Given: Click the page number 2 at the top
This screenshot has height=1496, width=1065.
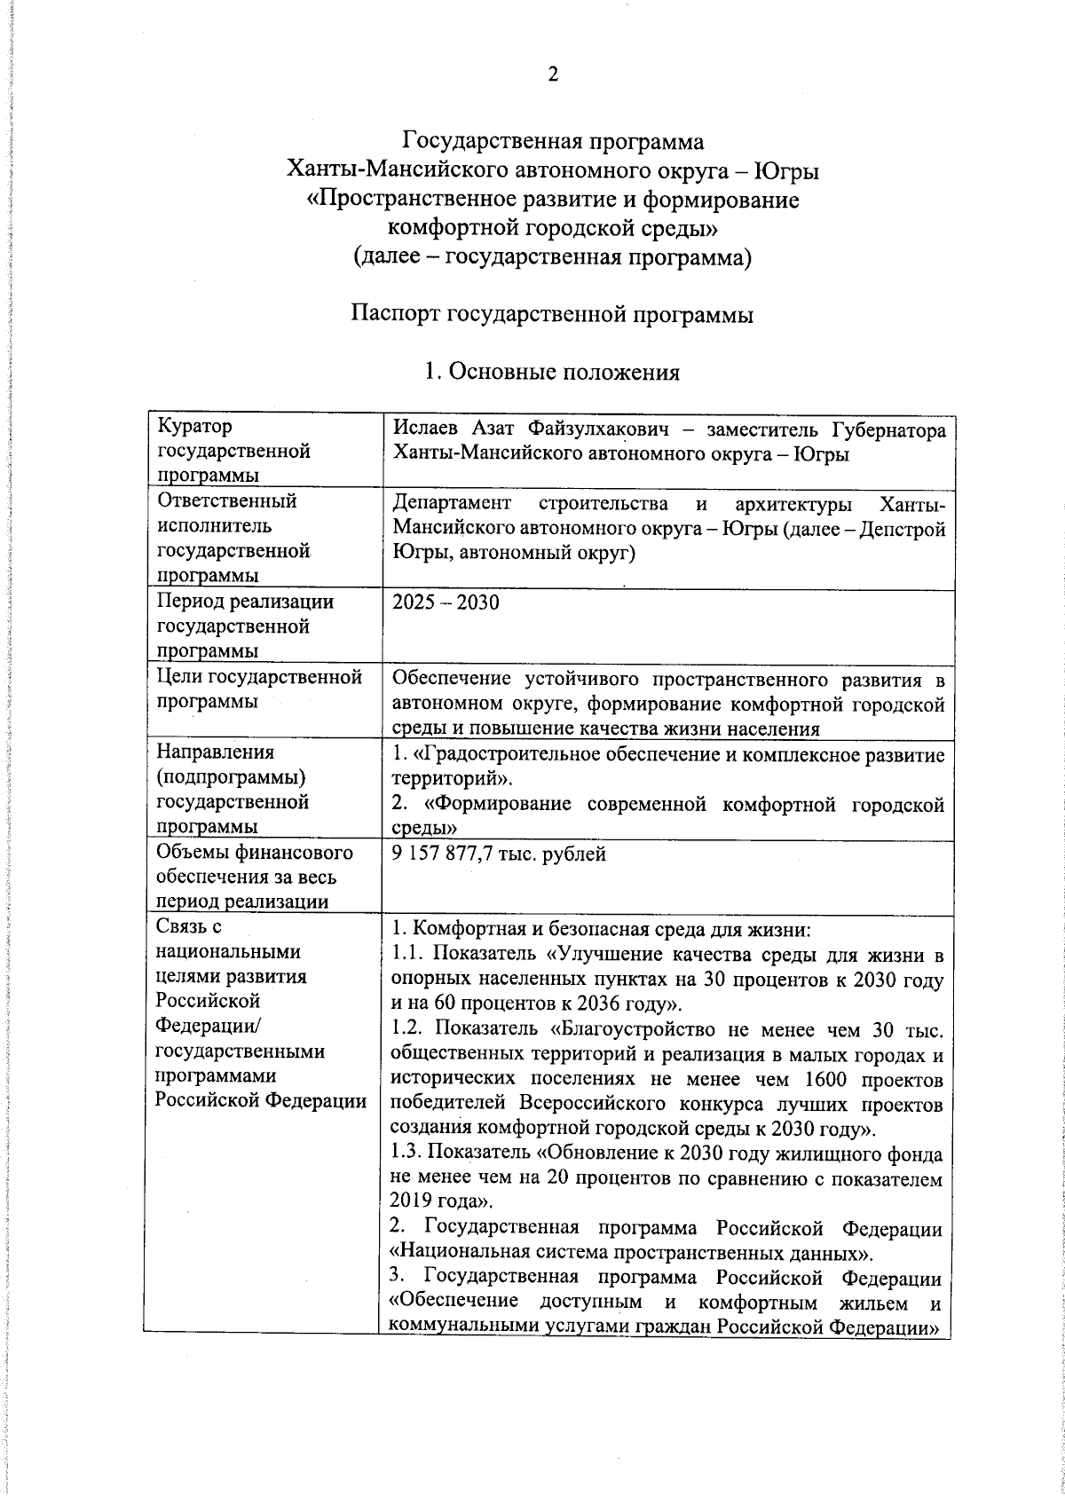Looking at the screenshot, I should click(552, 75).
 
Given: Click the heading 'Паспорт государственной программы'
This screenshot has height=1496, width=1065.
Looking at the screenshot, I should click(552, 315).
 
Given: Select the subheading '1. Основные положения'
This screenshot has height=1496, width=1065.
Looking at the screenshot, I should click(552, 372).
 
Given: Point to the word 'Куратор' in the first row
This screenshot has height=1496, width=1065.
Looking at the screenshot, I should click(194, 427).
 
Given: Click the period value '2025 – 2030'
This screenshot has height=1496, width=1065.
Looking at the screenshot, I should click(446, 603).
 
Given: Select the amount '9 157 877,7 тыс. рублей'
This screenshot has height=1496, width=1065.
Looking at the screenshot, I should click(499, 854).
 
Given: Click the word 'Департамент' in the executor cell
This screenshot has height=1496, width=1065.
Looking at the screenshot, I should click(452, 505).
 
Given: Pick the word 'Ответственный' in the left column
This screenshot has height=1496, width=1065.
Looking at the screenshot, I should click(226, 501).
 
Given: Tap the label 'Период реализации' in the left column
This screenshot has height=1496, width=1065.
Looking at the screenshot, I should click(245, 602).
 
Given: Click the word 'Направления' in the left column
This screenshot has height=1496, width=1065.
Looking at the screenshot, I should click(215, 752).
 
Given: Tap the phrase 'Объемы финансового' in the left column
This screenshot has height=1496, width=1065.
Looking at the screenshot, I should click(254, 854).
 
